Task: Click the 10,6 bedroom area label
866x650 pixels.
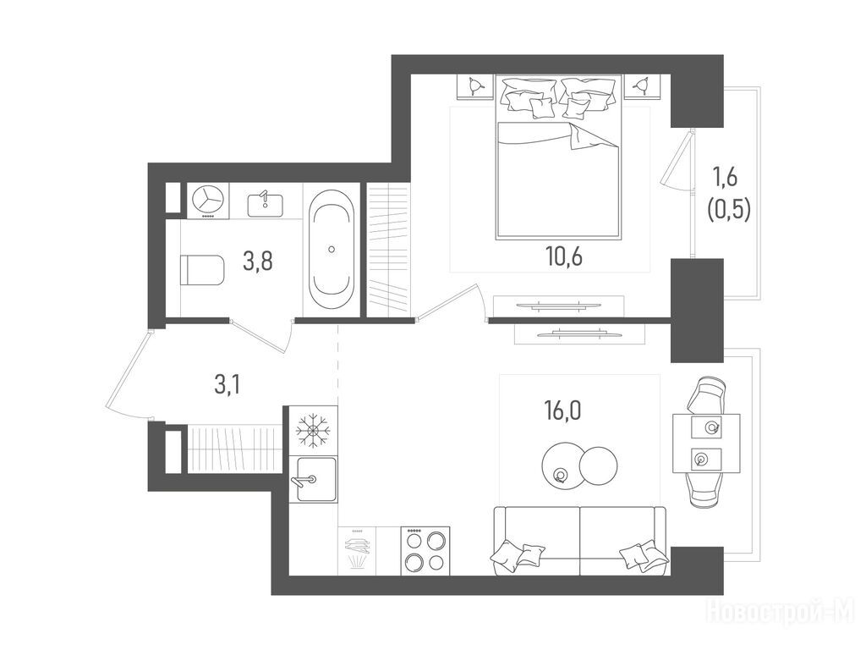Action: [x=564, y=257]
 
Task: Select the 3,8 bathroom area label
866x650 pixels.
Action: [x=257, y=261]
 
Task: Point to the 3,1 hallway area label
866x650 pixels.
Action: [x=227, y=385]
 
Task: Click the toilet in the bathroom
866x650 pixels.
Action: [x=202, y=270]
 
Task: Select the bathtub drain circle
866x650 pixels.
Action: [x=332, y=250]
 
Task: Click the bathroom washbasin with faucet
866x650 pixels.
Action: [x=265, y=204]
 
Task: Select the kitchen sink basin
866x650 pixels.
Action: [x=316, y=479]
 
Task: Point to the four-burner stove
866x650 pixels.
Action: [x=425, y=550]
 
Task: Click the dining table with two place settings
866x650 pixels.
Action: [x=706, y=443]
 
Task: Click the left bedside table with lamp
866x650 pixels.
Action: [x=475, y=86]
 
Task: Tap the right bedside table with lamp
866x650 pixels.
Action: [x=642, y=85]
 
